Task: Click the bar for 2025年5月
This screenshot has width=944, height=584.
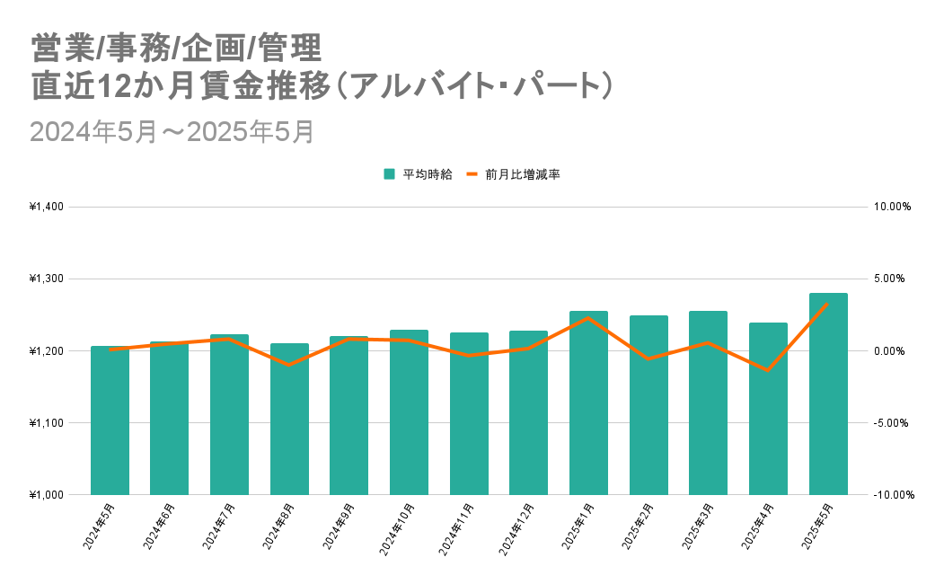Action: [x=828, y=394]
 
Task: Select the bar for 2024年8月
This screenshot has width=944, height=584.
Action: [x=289, y=419]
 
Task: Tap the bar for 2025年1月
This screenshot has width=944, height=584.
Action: [x=588, y=403]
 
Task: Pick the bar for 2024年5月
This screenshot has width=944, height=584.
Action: [x=110, y=420]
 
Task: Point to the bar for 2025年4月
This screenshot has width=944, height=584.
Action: [x=768, y=409]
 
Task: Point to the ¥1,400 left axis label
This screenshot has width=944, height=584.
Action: [x=47, y=207]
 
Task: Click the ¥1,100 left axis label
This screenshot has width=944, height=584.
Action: [x=47, y=423]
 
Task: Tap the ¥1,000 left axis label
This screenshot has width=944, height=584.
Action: [x=47, y=495]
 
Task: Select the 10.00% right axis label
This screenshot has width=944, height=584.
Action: [x=892, y=207]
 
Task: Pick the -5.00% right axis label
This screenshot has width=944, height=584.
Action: [x=892, y=423]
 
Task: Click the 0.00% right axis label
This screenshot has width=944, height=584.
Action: [x=892, y=351]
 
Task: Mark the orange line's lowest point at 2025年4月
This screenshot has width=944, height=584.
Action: [x=768, y=370]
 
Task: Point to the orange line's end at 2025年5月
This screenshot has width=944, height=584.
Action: [x=827, y=304]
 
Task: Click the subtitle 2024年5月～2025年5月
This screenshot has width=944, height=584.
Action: [x=172, y=131]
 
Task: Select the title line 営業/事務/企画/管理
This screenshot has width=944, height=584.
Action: [x=174, y=45]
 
